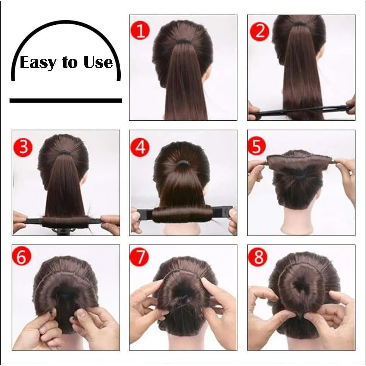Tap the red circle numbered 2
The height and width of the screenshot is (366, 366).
pos(259,31)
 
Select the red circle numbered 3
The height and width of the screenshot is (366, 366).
pos(22,147)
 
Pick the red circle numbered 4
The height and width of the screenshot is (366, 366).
pos(140,147)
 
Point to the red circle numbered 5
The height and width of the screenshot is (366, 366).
pos(257,146)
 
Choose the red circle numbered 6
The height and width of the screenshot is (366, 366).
pos(21,257)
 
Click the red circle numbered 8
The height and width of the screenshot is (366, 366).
pos(257,257)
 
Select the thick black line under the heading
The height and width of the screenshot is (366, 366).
pos(66,101)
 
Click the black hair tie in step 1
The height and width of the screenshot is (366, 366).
pos(183,40)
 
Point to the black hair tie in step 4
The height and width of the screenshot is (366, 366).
pos(183,164)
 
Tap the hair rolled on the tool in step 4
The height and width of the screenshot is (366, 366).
pos(182,214)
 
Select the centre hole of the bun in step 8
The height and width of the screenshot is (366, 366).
pos(301,287)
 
